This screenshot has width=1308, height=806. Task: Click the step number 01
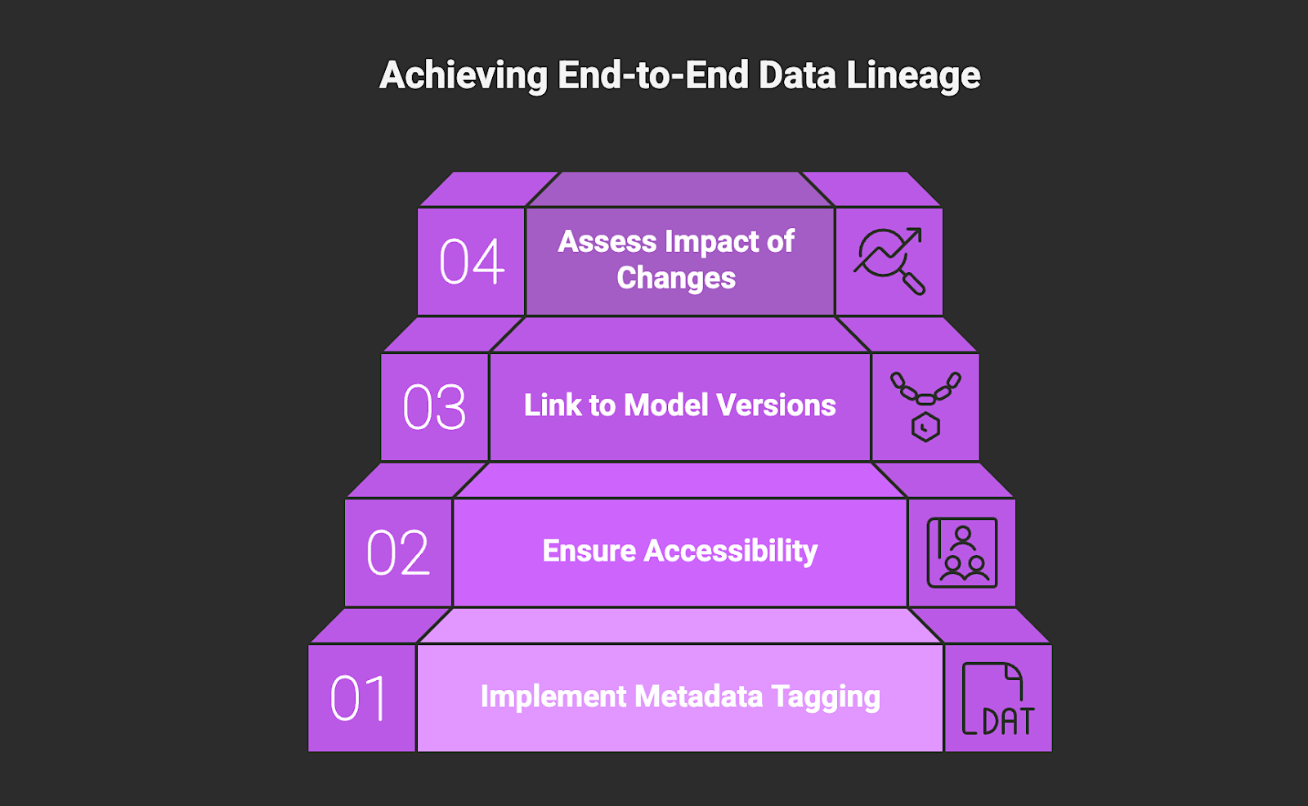[x=359, y=699]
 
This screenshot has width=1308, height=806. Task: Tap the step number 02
[x=398, y=553]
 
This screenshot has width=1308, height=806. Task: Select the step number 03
[x=435, y=407]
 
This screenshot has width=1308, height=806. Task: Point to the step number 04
[x=472, y=262]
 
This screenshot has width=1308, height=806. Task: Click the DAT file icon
[x=997, y=699]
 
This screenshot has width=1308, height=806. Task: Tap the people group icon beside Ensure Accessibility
[x=962, y=553]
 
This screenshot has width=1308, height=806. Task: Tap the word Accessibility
[x=731, y=552]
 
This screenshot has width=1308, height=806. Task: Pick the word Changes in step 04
[x=676, y=279]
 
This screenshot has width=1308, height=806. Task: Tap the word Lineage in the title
[x=913, y=76]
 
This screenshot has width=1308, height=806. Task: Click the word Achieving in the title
[x=464, y=76]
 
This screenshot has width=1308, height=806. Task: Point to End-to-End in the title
[x=653, y=75]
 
